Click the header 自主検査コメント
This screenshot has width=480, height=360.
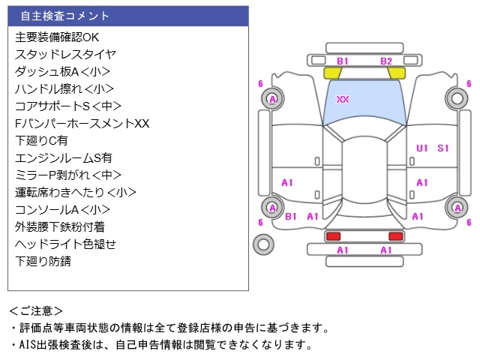coord(64,16)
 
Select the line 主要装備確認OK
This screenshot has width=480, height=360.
coord(56,37)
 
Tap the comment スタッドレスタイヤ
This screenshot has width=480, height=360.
coord(65,54)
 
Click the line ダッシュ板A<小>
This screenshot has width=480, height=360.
coord(62,71)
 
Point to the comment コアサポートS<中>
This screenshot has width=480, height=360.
coord(67,106)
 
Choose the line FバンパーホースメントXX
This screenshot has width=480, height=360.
coord(82,123)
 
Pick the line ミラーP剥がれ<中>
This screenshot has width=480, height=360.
coord(67,175)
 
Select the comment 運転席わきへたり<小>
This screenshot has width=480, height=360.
coord(75,192)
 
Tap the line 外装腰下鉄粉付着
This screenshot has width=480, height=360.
coord(59,226)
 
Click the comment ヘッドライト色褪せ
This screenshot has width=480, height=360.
coord(65,244)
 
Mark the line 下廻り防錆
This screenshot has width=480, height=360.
coord(43,261)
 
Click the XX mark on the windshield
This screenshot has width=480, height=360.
coord(343,100)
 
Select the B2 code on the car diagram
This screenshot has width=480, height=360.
coord(385,61)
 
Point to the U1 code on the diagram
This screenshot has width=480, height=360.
coord(422,148)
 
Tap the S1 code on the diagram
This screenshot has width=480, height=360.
coord(443,148)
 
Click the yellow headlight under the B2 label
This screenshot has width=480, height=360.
coord(397,73)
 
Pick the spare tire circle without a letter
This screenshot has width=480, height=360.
coord(263,244)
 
